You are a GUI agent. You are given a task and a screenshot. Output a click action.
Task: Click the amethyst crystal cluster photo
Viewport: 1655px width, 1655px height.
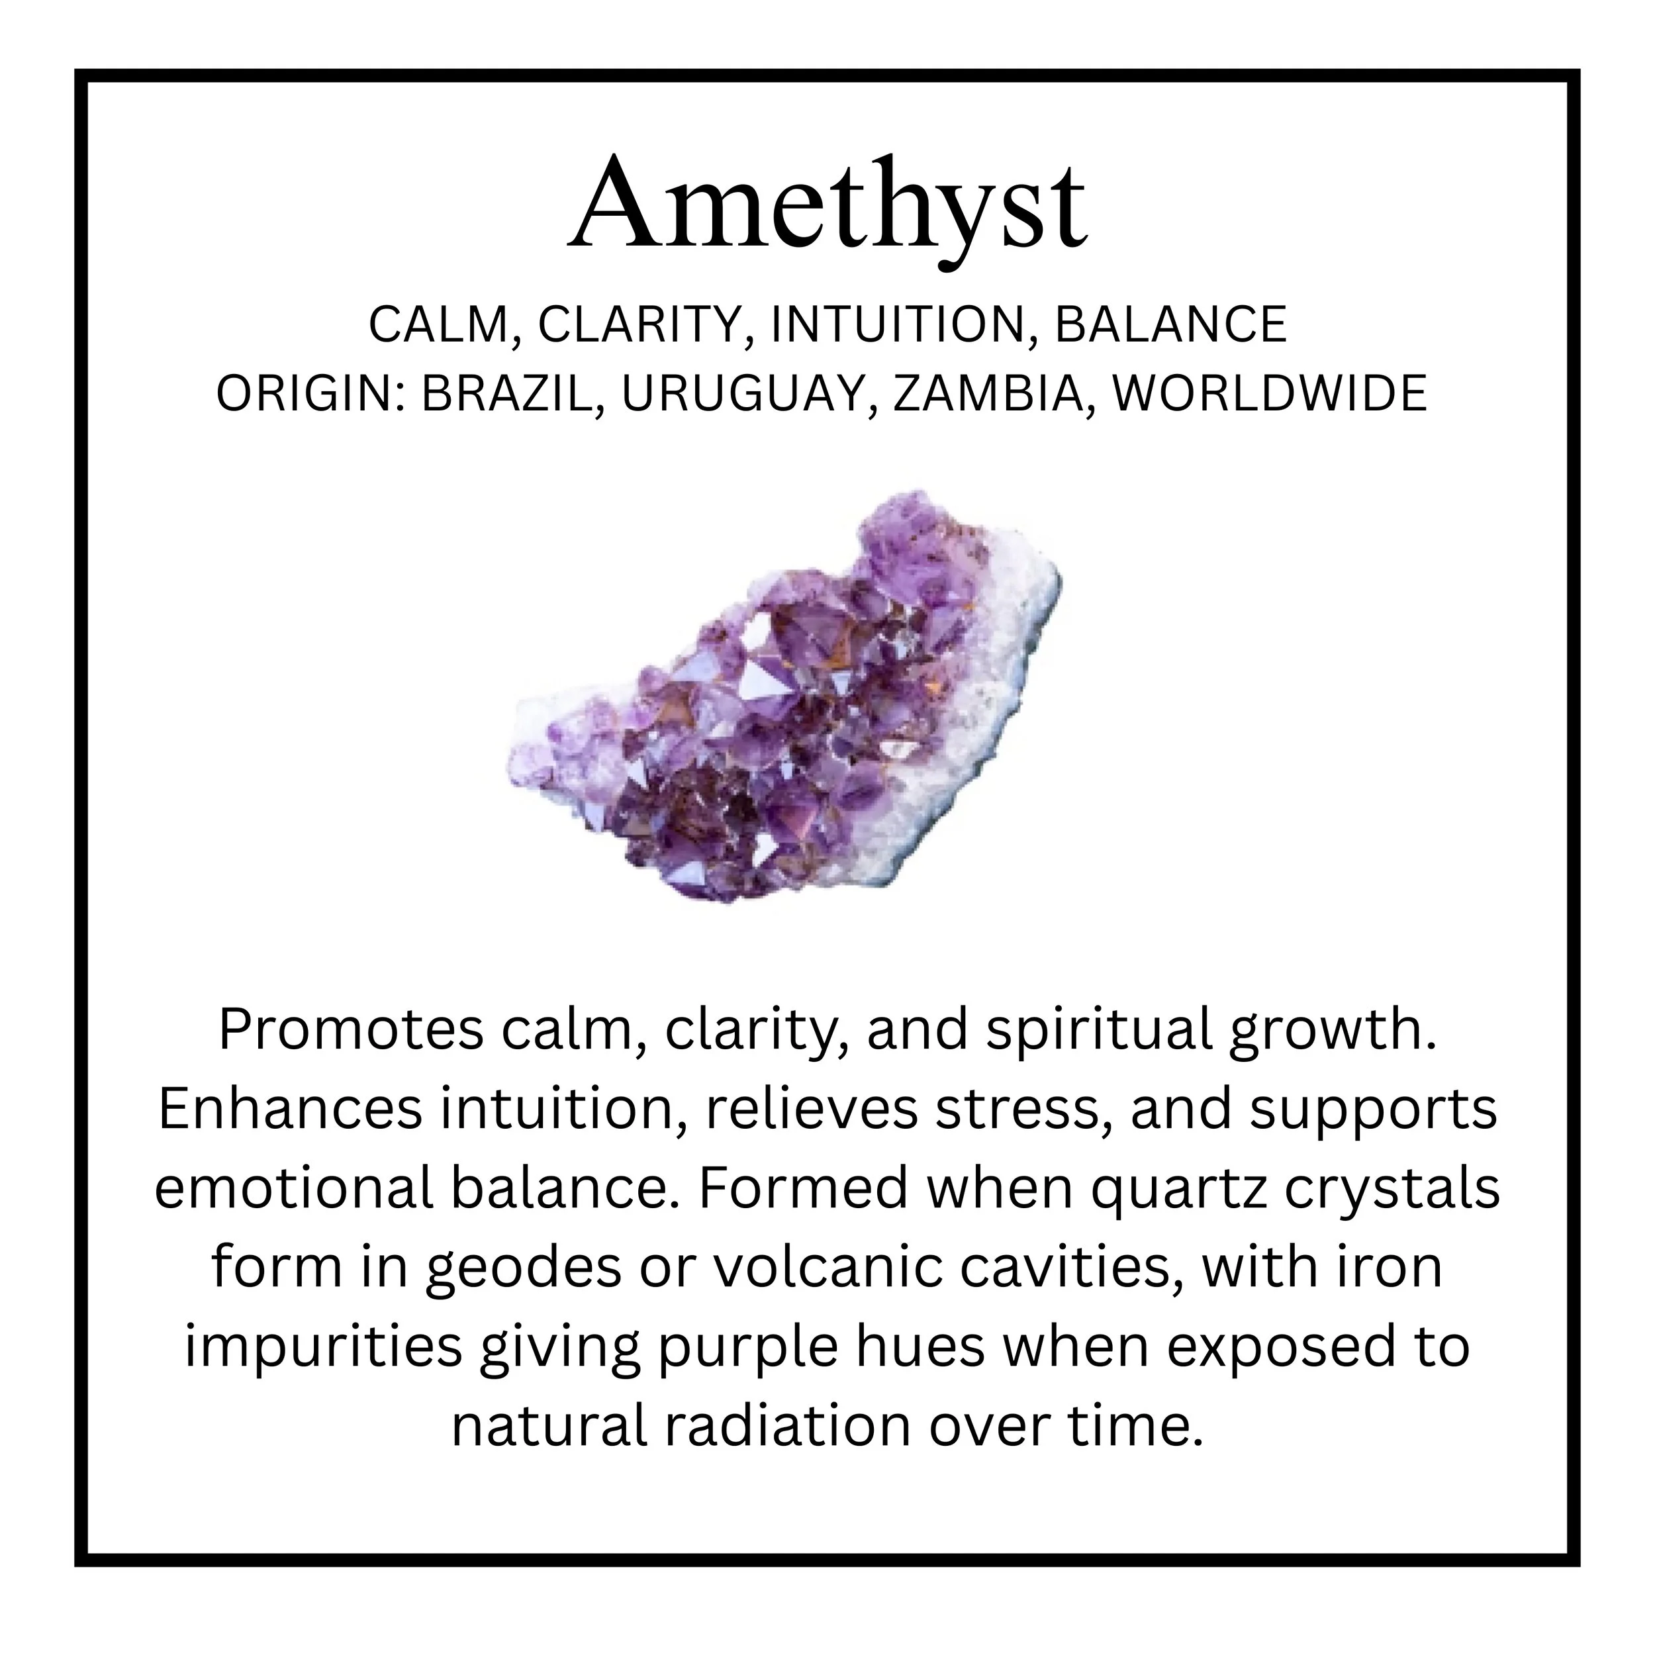[x=784, y=698]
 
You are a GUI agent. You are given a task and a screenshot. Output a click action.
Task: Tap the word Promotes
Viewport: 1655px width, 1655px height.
[x=352, y=1031]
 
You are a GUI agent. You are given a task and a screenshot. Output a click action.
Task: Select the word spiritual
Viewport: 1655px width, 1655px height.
[x=1099, y=1031]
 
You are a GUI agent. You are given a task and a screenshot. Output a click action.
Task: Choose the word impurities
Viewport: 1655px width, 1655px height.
[x=323, y=1349]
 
